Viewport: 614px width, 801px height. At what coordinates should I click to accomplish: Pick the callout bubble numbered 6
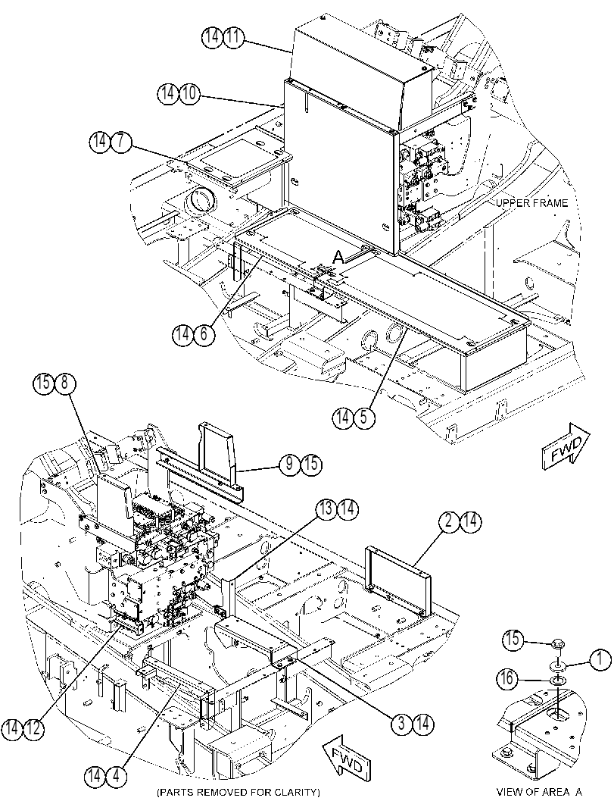click(x=204, y=335)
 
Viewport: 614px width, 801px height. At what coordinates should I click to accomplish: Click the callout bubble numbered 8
click(x=64, y=383)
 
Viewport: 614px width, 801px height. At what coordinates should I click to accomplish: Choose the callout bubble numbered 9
click(x=290, y=464)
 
